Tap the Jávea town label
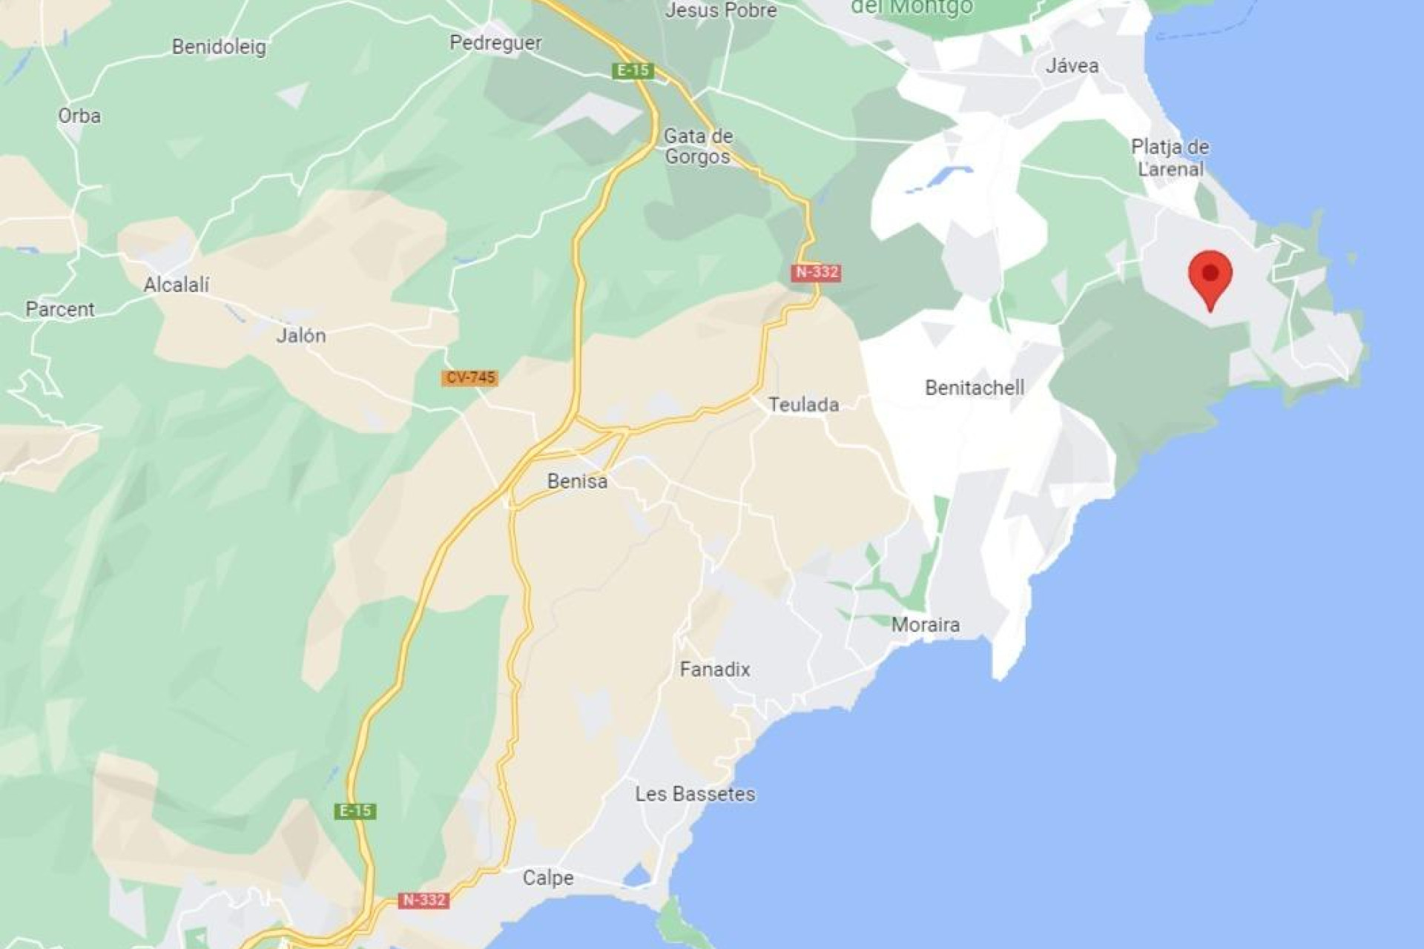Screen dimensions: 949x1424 point(1072,66)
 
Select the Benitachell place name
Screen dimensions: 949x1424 point(975,388)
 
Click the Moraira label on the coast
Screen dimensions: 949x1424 point(925,625)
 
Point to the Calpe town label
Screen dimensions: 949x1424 point(547,878)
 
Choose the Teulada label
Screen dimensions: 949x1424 point(803,405)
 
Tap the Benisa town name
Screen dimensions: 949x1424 point(577,481)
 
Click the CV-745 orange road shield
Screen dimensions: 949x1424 point(470,377)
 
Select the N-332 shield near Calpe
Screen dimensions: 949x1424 point(423,900)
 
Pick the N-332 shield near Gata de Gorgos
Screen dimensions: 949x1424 point(817,272)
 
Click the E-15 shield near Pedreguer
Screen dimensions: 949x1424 point(633,70)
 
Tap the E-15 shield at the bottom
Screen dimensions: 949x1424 point(355,811)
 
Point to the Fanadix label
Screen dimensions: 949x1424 point(714,669)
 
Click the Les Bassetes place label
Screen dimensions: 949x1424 point(695,794)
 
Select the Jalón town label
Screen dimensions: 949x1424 point(300,336)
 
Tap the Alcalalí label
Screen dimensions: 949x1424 point(177,285)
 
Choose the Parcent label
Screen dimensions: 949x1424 point(60,309)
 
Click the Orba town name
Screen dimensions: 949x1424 point(79,116)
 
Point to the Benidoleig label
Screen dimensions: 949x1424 point(219,47)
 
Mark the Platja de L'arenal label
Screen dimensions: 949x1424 point(1170,158)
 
